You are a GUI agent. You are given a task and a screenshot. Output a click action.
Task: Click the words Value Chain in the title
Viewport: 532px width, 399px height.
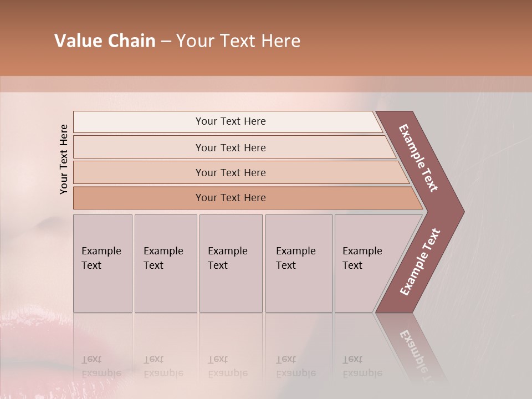point(105,41)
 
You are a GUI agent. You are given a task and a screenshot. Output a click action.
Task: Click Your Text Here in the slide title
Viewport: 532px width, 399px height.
point(238,41)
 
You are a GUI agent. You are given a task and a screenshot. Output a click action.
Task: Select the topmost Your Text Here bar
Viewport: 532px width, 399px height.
point(230,121)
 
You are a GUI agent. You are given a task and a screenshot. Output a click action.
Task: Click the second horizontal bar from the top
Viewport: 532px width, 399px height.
point(230,147)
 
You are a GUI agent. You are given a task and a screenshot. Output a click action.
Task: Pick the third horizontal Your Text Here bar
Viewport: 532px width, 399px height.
point(230,172)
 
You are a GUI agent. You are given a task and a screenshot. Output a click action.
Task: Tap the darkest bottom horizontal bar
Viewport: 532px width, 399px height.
point(230,198)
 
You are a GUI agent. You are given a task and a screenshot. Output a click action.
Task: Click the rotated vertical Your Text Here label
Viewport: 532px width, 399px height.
point(64,160)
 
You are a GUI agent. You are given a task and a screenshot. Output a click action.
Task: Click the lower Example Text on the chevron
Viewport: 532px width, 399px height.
point(420,262)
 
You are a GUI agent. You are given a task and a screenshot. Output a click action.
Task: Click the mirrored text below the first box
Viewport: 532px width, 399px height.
point(101,366)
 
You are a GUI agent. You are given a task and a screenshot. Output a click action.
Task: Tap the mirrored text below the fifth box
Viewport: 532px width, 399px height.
point(362,366)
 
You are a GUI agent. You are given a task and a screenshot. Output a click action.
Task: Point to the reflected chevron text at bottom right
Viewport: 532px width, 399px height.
point(417,355)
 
